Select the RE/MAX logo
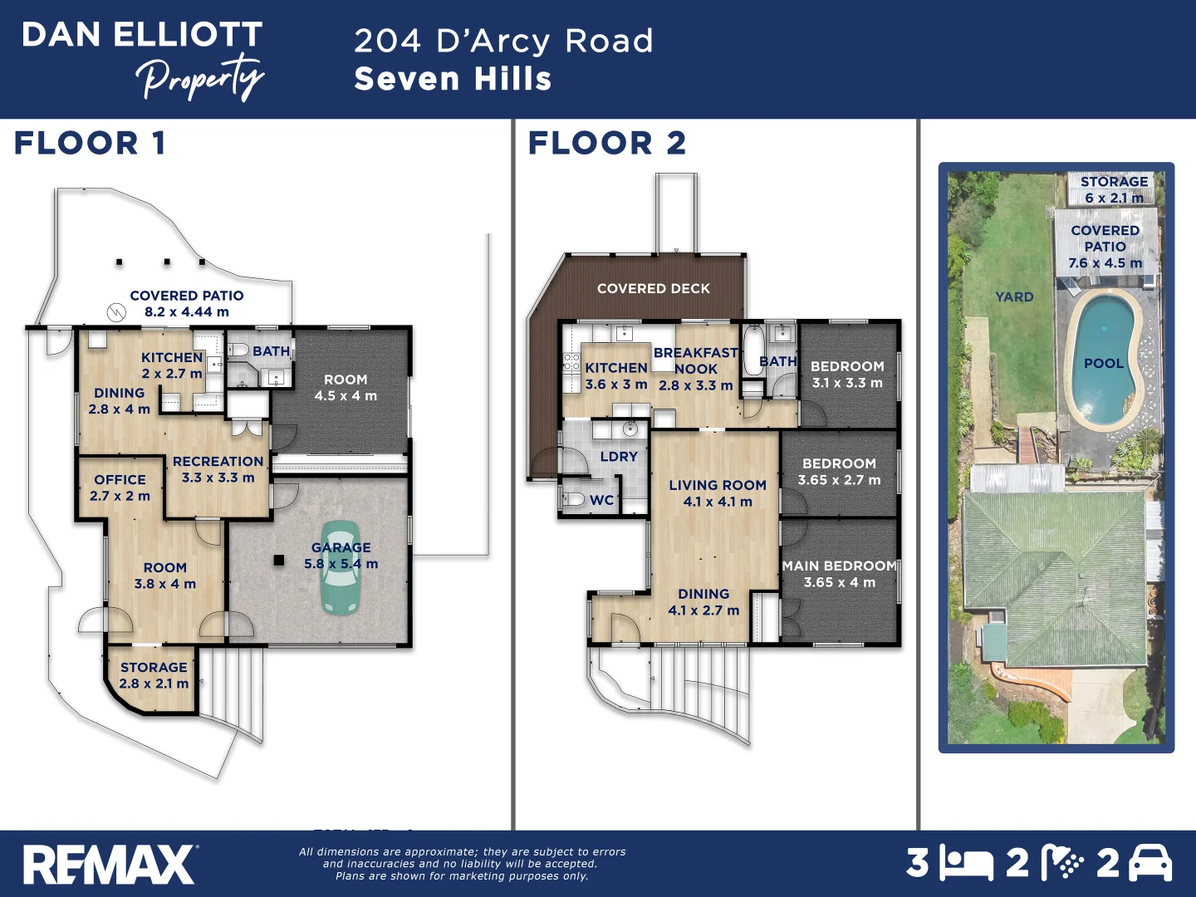click(109, 865)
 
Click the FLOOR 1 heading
click(90, 143)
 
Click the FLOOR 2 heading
click(607, 143)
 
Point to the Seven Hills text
click(453, 79)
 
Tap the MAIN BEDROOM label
click(839, 566)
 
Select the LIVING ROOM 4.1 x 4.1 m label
click(718, 493)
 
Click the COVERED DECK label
click(654, 288)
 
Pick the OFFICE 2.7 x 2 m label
click(120, 488)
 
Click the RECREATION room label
click(218, 462)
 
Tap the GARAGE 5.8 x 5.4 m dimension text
click(341, 564)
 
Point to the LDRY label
click(619, 457)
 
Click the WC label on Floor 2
click(601, 500)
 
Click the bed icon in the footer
click(966, 864)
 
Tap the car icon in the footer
click(1150, 864)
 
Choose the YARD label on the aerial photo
click(1014, 297)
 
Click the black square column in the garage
click(280, 561)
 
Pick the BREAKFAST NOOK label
click(696, 360)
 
